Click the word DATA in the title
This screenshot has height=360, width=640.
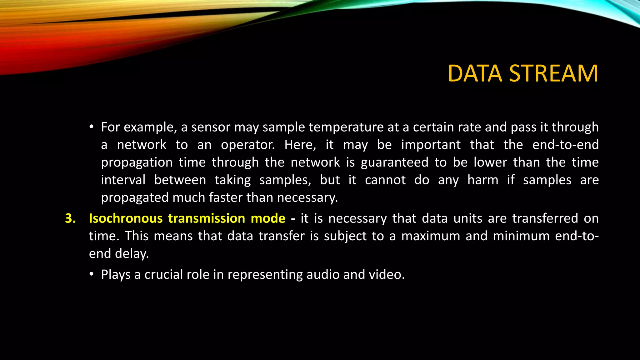(x=475, y=74)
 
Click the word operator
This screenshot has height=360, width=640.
(x=247, y=145)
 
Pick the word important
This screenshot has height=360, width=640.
(x=431, y=145)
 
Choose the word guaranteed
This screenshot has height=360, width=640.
(x=394, y=162)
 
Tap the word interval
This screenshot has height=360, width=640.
(x=123, y=180)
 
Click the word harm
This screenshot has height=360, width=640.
(x=483, y=180)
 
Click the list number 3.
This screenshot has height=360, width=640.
(x=70, y=218)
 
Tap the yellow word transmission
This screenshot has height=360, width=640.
(x=207, y=218)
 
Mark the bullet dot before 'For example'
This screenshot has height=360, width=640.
(x=91, y=127)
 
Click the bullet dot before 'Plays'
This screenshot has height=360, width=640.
(x=91, y=274)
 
